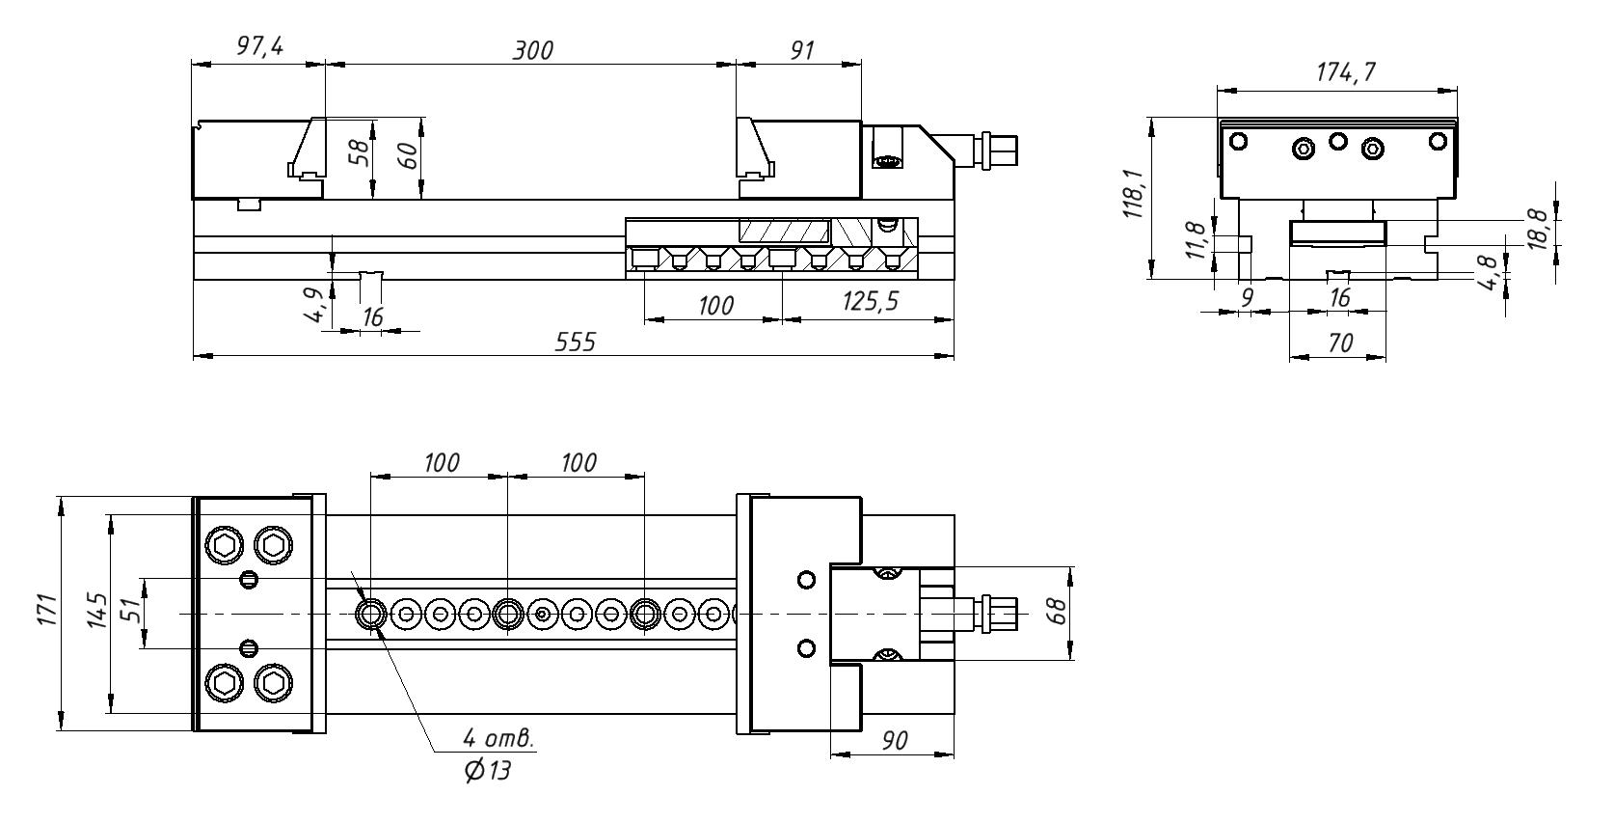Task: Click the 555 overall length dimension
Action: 576,342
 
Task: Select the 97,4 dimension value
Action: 259,47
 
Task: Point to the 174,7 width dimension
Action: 1346,72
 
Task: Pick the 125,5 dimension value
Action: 870,302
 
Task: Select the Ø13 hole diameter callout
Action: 486,771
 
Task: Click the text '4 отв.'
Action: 498,739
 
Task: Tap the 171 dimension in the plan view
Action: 46,612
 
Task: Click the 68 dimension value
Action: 1057,612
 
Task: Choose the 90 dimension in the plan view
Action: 894,740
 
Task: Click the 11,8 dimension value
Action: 1195,241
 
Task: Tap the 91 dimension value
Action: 802,50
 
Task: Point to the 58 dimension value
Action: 359,153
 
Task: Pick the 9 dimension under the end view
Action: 1246,298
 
